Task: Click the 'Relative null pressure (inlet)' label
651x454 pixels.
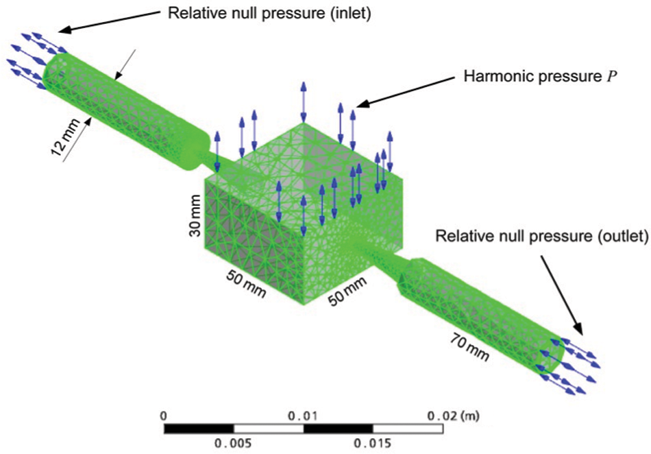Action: pos(269,13)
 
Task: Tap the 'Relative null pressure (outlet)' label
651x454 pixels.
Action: pos(541,236)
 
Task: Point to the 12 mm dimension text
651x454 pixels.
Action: pos(65,136)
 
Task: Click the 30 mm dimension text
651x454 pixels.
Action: pos(195,215)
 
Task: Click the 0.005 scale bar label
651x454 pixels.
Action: pos(233,444)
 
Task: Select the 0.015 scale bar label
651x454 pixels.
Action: pos(372,444)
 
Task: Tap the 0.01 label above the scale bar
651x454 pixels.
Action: pos(304,416)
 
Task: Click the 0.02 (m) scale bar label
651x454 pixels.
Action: pos(454,416)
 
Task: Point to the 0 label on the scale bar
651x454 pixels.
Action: pos(164,416)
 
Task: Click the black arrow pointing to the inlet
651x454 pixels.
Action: pos(110,21)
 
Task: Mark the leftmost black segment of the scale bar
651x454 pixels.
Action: pos(199,429)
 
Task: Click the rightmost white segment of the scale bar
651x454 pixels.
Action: pos(408,429)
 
